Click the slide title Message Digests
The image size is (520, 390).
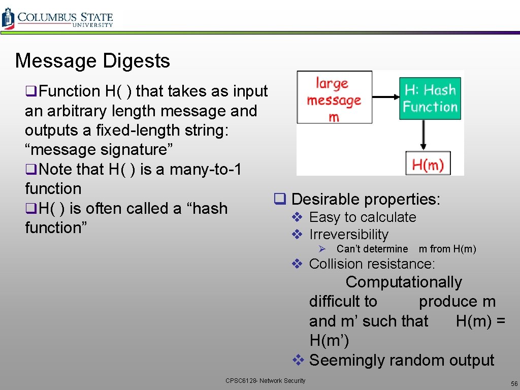pos(92,61)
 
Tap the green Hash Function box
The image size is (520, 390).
pos(430,99)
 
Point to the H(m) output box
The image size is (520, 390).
pos(428,164)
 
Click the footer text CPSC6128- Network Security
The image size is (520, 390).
pos(266,381)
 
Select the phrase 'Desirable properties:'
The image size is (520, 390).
pos(366,199)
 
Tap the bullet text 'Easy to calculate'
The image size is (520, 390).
pos(363,217)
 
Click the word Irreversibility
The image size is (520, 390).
pos(348,235)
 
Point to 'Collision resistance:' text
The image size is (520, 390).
pos(372,264)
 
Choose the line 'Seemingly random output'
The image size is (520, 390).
pos(401,360)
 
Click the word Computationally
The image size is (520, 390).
pos(404,282)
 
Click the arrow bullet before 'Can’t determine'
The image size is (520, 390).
pos(321,249)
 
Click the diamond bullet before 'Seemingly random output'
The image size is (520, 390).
pos(298,360)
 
